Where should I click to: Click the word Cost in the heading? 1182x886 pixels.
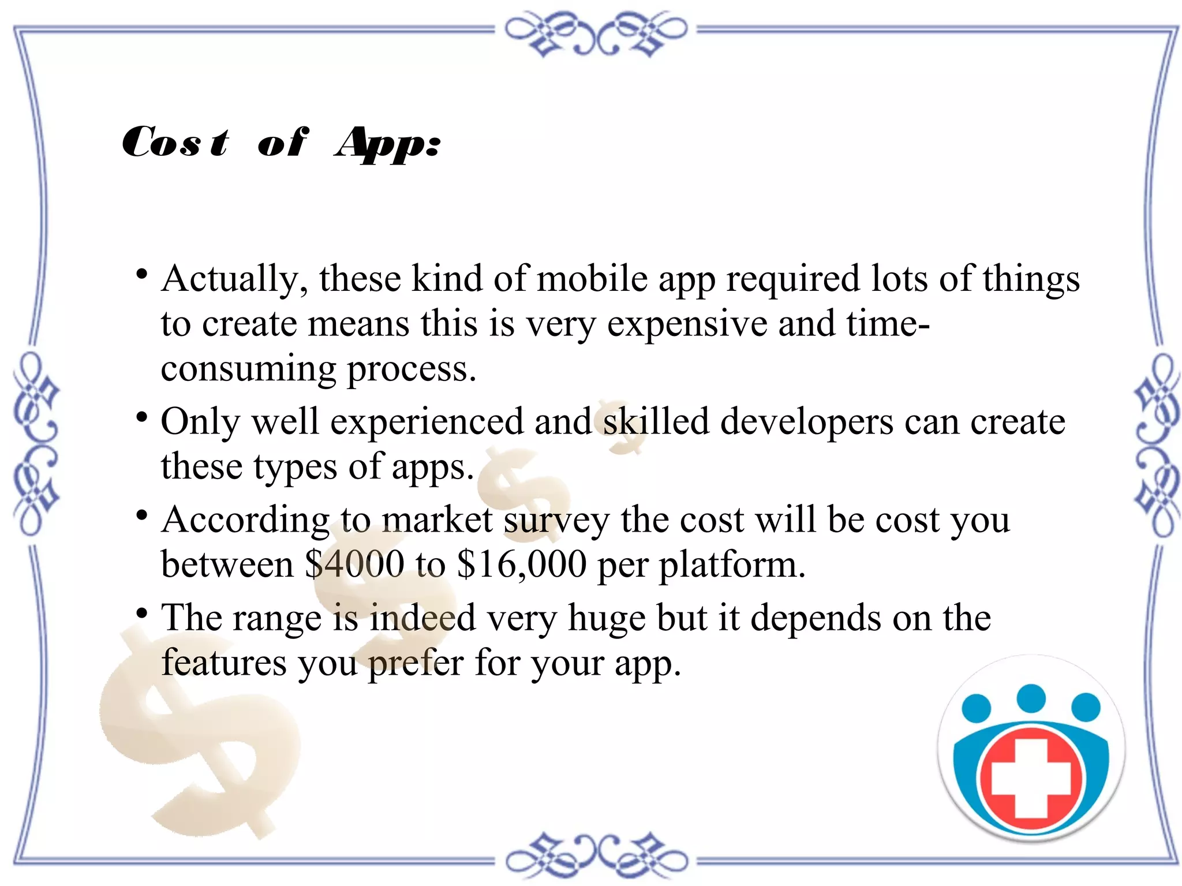click(x=175, y=142)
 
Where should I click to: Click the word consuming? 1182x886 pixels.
click(x=248, y=369)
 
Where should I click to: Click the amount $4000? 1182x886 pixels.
click(x=354, y=564)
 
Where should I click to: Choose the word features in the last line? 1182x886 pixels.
click(x=223, y=663)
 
